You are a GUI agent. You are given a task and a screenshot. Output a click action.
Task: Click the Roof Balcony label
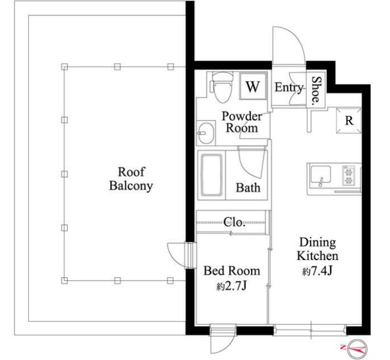tap(131, 179)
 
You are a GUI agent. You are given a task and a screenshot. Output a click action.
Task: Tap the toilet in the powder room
tap(222, 87)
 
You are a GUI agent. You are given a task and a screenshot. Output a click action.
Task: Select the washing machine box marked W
tap(253, 87)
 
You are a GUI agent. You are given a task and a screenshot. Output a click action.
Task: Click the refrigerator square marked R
tap(349, 121)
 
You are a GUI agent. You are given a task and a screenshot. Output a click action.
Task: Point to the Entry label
tap(289, 88)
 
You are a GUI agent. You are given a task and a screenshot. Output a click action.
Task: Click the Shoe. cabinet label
tap(316, 90)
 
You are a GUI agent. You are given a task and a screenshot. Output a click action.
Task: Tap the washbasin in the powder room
tap(206, 133)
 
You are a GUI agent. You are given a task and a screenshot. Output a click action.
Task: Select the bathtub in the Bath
tap(212, 175)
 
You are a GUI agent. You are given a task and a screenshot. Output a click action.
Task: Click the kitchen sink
tap(321, 176)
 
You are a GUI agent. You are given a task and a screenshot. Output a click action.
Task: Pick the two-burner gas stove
tap(348, 176)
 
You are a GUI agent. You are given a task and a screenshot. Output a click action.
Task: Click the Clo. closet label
tap(234, 222)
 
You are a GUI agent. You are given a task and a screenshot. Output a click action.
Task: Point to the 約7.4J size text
tap(317, 271)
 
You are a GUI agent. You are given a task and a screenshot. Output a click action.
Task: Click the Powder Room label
tap(242, 122)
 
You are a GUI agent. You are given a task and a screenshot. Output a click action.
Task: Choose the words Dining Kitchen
tap(317, 249)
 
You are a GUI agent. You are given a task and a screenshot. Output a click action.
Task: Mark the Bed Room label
tap(232, 271)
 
